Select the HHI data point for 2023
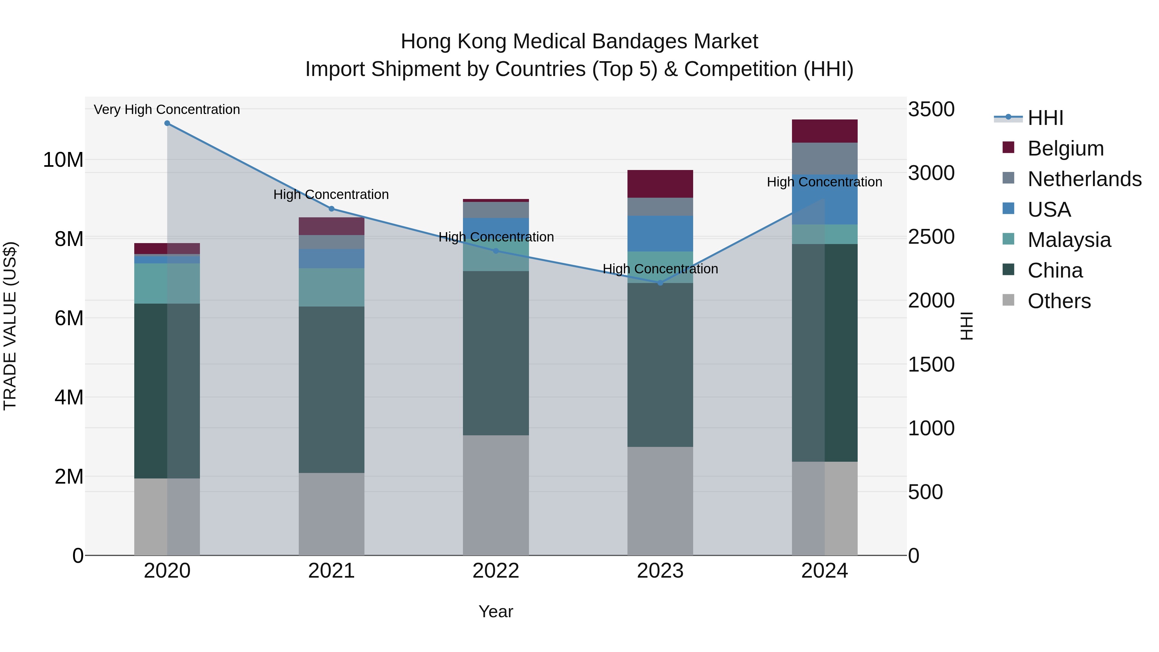660,283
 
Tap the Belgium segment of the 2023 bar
660,184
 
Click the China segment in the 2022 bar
496,353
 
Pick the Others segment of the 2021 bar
331,514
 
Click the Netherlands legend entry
1084,179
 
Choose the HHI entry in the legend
1045,118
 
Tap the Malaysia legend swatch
1008,239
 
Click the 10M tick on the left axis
63,160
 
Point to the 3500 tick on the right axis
931,109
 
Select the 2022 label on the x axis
496,571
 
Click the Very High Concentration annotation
167,109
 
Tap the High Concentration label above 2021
331,194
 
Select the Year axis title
496,611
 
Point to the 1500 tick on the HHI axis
931,364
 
